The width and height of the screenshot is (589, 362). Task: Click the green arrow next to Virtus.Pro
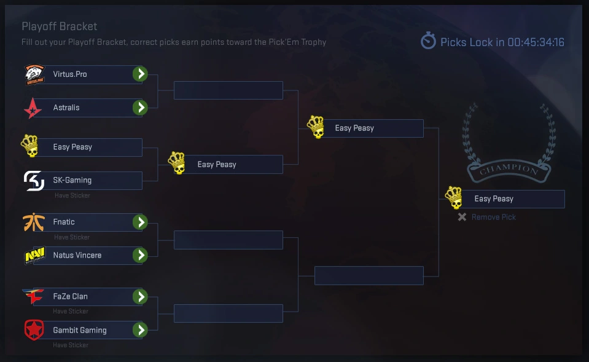pos(141,74)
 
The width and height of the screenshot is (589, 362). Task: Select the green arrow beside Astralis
pos(141,108)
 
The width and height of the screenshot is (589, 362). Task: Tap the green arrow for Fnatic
pos(141,222)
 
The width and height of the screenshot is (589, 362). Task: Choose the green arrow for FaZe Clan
pos(141,297)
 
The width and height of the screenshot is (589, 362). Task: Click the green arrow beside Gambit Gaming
pos(141,330)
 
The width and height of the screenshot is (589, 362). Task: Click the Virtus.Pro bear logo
pos(34,74)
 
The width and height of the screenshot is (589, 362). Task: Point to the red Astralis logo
pos(32,108)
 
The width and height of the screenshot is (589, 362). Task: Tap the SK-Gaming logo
pos(34,181)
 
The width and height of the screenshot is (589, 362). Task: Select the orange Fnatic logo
pos(34,222)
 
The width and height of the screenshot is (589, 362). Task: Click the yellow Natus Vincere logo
pos(34,255)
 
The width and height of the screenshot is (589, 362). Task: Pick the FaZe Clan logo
pos(33,297)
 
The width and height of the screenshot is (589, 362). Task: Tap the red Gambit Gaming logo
pos(34,331)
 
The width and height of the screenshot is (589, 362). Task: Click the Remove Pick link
pos(493,217)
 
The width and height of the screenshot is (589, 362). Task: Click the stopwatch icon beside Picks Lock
pos(428,41)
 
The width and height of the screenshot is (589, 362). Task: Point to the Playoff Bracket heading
pos(60,26)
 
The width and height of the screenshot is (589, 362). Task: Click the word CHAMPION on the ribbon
pos(507,169)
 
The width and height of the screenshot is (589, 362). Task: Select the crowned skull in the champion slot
pos(454,198)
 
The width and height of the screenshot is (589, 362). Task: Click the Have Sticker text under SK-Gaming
pos(72,195)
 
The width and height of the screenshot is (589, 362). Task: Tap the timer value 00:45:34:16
pos(536,42)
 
